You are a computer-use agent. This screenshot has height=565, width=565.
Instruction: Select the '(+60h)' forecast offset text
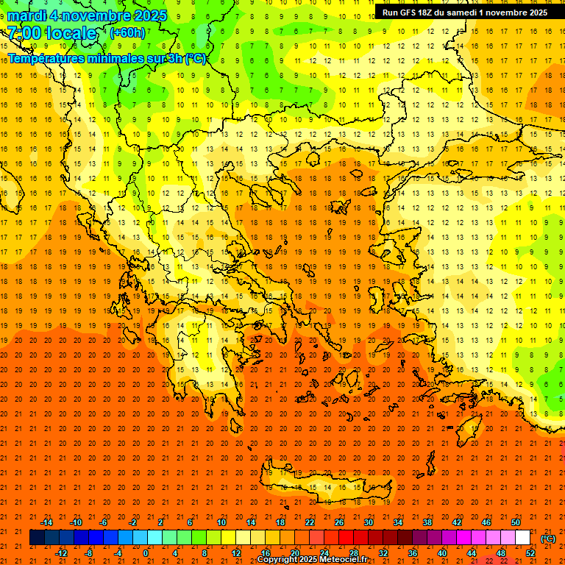tap(127, 33)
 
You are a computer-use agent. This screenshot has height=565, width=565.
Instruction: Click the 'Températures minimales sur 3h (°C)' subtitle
tap(107, 59)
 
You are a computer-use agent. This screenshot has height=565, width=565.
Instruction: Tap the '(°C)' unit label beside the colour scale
tap(548, 539)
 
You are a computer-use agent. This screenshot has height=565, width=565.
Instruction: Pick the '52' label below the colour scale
tap(530, 553)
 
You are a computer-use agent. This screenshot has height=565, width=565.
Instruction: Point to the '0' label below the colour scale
tap(146, 553)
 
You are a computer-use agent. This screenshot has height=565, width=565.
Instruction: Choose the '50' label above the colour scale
tap(516, 522)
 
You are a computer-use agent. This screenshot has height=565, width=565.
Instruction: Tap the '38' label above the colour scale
tap(427, 522)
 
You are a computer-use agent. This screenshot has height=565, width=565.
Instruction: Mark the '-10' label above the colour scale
tap(75, 522)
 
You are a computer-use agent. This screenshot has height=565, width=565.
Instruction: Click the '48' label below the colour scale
tap(501, 553)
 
